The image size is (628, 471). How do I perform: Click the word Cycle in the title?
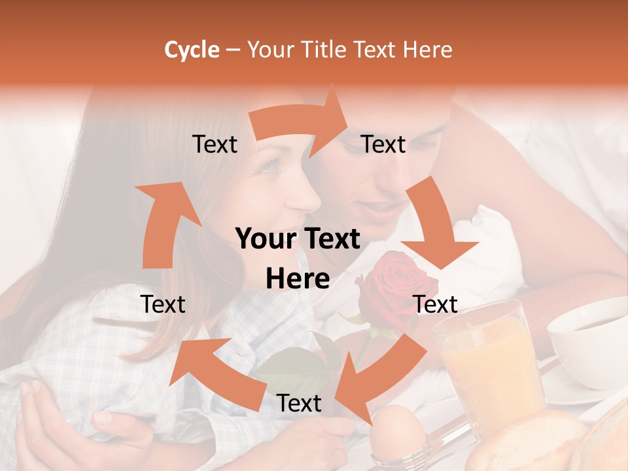192,50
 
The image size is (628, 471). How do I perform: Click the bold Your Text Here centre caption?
298,258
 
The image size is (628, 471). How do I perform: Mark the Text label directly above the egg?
299,404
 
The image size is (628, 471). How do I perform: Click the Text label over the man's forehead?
383,144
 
